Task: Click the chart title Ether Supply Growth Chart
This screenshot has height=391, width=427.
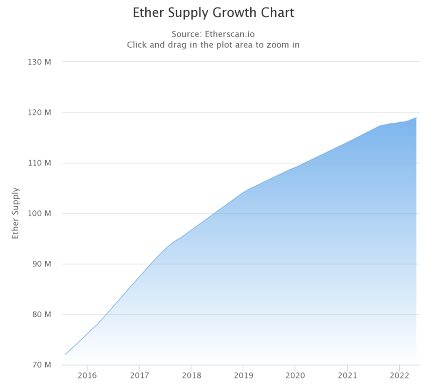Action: click(x=213, y=13)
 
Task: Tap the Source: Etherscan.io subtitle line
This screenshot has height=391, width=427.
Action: click(x=213, y=34)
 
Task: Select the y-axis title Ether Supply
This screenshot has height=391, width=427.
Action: click(x=16, y=213)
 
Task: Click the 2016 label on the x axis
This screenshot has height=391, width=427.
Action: click(x=87, y=375)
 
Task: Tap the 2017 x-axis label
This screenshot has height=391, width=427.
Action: click(x=139, y=375)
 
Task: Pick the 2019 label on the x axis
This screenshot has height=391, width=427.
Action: click(x=243, y=375)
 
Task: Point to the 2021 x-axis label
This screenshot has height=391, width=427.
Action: click(x=347, y=375)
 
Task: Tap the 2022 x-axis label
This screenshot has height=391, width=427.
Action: click(x=399, y=375)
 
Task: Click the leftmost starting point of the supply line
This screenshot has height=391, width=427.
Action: click(x=65, y=354)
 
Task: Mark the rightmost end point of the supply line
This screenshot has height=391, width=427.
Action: click(x=416, y=117)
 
